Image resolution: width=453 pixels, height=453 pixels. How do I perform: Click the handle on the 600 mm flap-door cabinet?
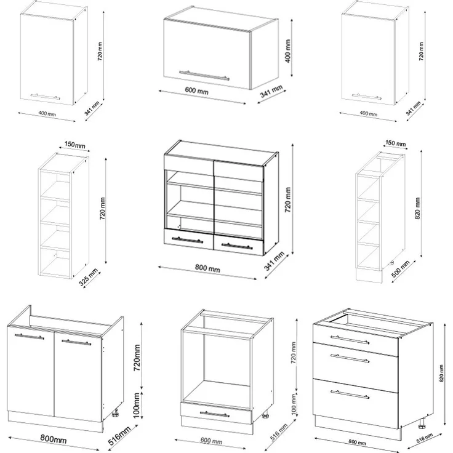[x=204, y=75]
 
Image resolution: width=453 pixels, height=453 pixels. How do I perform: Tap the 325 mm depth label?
[x=89, y=278]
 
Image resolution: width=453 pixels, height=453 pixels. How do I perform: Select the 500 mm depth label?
[x=401, y=269]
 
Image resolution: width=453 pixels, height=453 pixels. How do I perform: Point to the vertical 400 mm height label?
[x=288, y=51]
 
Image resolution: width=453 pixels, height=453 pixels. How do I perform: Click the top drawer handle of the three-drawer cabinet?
[x=350, y=340]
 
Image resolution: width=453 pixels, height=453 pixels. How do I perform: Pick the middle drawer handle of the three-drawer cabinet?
[x=350, y=358]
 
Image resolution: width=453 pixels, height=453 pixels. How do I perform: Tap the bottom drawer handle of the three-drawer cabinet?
[x=350, y=395]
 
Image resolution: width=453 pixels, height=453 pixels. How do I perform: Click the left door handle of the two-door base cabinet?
[x=29, y=337]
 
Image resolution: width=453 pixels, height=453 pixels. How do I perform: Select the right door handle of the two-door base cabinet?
[x=76, y=342]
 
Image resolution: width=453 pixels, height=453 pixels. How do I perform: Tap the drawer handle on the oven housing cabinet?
[x=215, y=414]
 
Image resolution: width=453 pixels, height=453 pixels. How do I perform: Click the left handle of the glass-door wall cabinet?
[x=187, y=240]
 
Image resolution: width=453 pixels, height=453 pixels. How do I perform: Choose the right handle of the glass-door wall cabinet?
[x=237, y=246]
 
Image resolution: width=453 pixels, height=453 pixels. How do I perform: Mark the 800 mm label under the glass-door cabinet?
[x=207, y=268]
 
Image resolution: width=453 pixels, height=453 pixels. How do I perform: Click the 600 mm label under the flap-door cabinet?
[x=196, y=90]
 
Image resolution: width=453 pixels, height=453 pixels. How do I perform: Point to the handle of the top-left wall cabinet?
[x=46, y=97]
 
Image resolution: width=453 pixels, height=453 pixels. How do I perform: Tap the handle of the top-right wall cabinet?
[x=366, y=97]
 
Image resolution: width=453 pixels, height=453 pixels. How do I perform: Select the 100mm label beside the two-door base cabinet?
[x=137, y=406]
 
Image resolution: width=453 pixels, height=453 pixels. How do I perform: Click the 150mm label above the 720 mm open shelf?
[x=75, y=145]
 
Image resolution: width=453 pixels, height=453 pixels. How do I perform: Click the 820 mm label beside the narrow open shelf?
[x=417, y=208]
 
